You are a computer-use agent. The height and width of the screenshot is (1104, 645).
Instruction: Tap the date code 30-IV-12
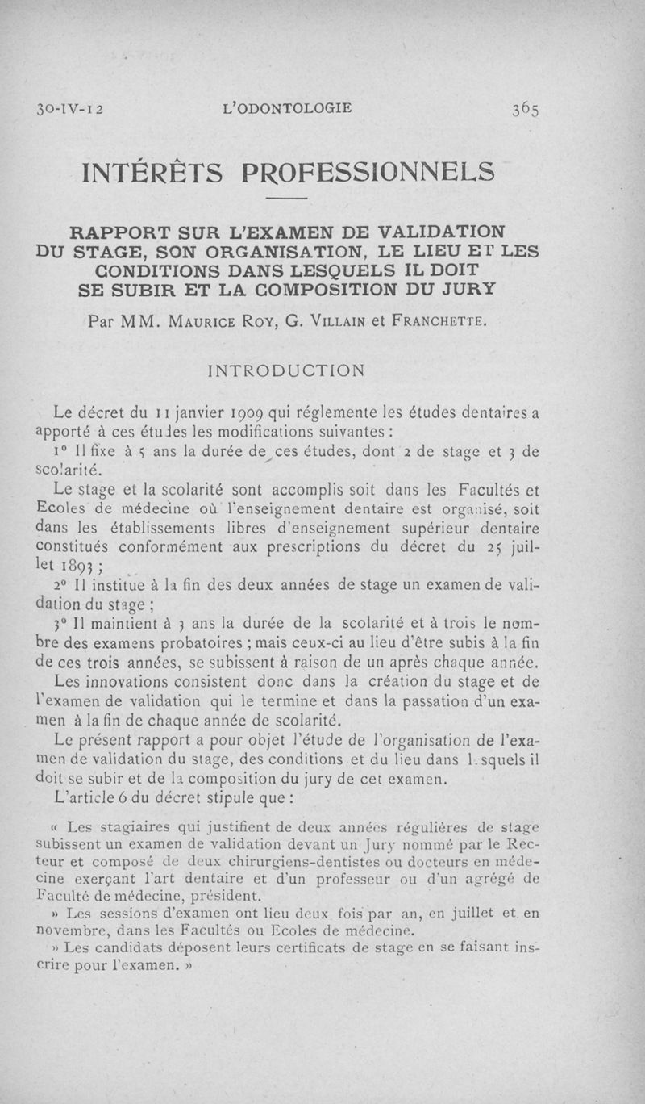68,109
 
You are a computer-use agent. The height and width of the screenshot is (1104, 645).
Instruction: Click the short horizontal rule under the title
287,198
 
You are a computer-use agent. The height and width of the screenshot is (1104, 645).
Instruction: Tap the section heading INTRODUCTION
286,370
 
